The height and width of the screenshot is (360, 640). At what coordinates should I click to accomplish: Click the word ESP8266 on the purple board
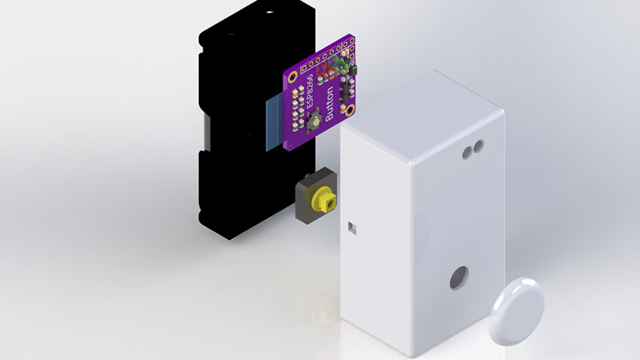pyautogui.click(x=310, y=91)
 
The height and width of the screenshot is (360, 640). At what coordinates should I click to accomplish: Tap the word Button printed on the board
pyautogui.click(x=329, y=103)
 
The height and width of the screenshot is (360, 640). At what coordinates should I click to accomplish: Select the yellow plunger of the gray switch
pyautogui.click(x=323, y=199)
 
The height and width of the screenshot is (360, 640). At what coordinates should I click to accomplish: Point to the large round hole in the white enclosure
pyautogui.click(x=459, y=277)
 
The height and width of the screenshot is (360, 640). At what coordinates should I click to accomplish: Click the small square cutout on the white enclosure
pyautogui.click(x=352, y=228)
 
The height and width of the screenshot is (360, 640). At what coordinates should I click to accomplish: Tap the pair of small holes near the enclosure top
pyautogui.click(x=473, y=149)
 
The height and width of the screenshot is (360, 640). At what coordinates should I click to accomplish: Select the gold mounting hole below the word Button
pyautogui.click(x=350, y=109)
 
